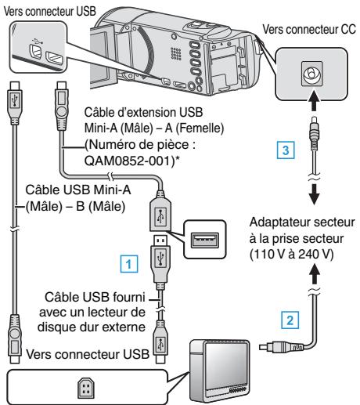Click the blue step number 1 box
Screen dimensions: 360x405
pos(129,264)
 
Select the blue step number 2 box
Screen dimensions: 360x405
pos(290,320)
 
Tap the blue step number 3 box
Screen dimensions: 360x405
pos(286,150)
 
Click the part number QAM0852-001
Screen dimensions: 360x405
pos(128,161)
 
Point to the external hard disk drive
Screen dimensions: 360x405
pos(219,371)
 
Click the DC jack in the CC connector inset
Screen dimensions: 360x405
pos(311,74)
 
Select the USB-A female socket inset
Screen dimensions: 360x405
pos(205,240)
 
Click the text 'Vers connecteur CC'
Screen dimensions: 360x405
pos(309,29)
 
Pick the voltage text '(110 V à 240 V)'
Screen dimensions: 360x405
pos(291,254)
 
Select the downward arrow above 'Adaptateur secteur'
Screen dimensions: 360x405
pos(315,195)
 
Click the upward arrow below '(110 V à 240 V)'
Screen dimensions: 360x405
pos(315,274)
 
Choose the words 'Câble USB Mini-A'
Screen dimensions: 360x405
pos(78,190)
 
